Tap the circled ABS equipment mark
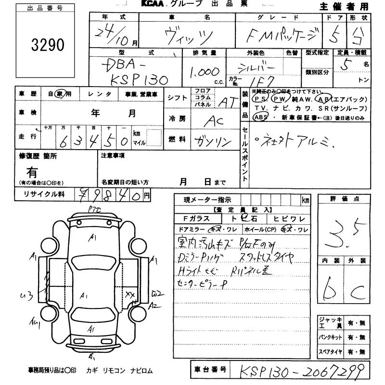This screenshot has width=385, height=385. pyautogui.click(x=260, y=117)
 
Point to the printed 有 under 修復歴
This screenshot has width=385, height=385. pyautogui.click(x=32, y=171)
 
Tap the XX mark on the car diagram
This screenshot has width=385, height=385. pyautogui.click(x=130, y=294)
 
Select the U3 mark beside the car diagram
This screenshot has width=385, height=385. pyautogui.click(x=28, y=295)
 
